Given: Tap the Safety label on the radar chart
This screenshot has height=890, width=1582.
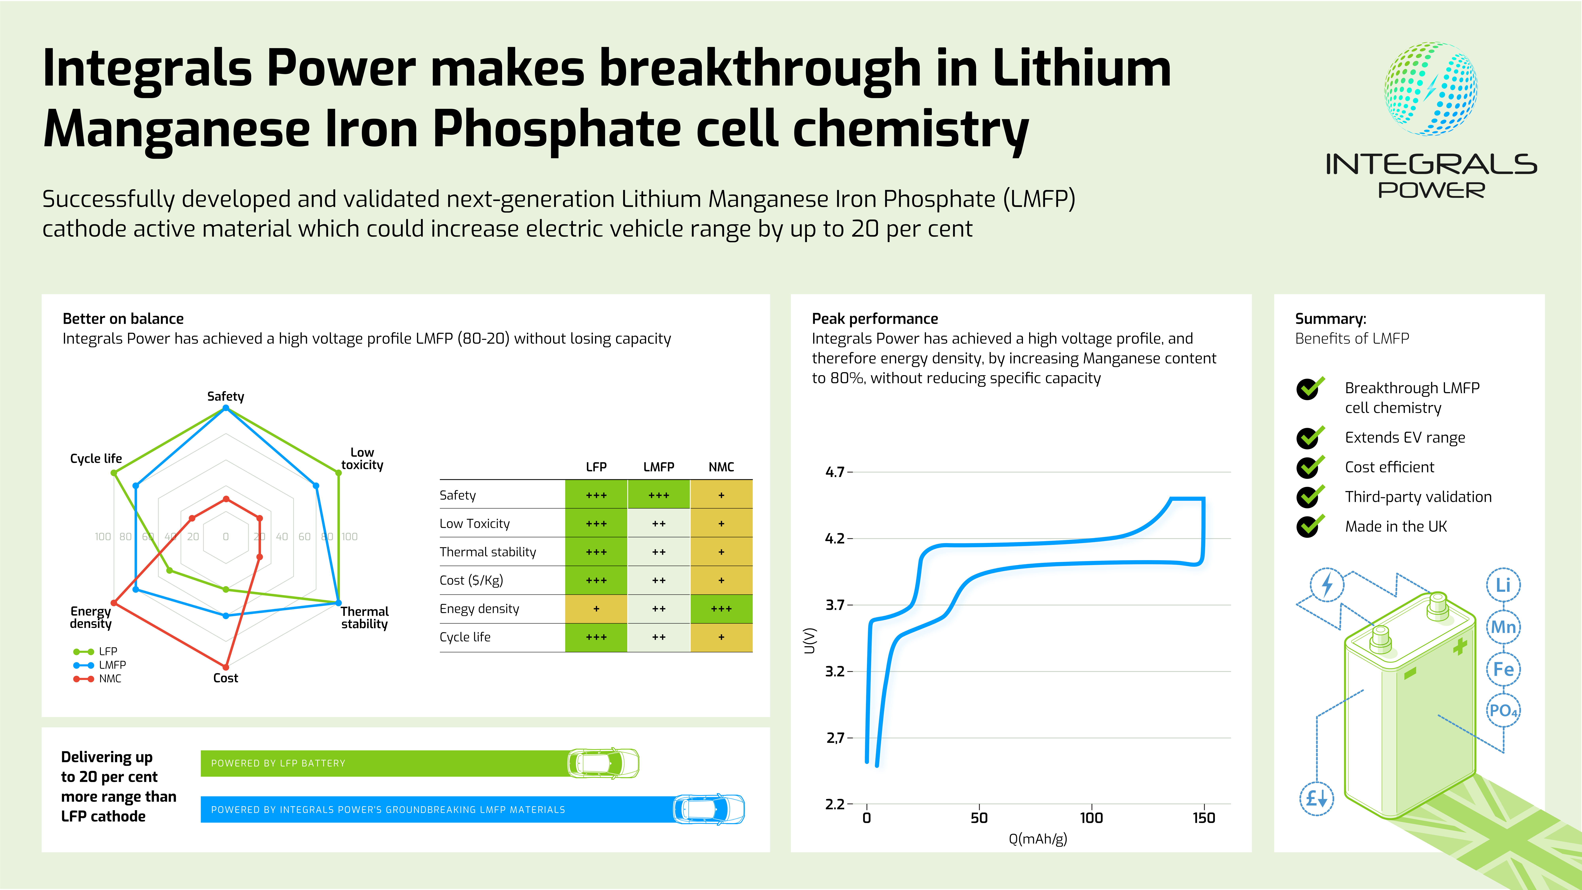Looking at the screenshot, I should [225, 396].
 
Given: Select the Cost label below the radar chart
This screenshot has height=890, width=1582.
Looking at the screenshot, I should [225, 678].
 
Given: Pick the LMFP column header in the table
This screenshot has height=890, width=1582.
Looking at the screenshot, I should [658, 467].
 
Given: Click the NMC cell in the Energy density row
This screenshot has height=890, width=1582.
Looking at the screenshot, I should [721, 609].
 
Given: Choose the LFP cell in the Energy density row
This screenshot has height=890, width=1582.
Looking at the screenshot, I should [596, 609].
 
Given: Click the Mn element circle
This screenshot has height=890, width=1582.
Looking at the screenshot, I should [1503, 627].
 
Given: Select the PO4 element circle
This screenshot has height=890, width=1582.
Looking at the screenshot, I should [1503, 711].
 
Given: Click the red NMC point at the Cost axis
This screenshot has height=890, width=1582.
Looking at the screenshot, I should [226, 667].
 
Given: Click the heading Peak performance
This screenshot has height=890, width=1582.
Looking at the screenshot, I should [874, 319].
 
